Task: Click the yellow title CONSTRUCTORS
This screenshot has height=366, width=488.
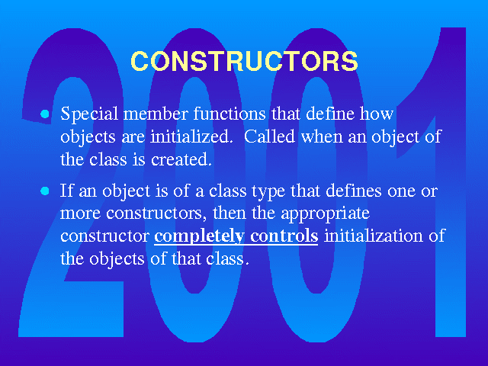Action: click(x=244, y=61)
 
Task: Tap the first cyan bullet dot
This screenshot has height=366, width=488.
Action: click(x=45, y=114)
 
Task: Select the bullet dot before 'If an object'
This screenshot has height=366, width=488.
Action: click(x=45, y=191)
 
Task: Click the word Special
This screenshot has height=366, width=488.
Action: click(x=89, y=114)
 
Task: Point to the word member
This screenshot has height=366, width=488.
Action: click(x=156, y=114)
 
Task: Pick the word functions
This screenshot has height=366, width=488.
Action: click(x=230, y=114)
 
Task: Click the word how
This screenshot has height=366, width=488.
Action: click(x=377, y=114)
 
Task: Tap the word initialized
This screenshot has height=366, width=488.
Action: click(x=191, y=136)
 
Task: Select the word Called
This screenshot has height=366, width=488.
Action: click(x=269, y=136)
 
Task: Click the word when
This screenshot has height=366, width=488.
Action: click(x=322, y=136)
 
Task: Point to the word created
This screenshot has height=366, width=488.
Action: click(x=181, y=159)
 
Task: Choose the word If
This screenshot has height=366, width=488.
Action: click(x=67, y=190)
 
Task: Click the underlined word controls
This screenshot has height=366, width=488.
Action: click(x=284, y=236)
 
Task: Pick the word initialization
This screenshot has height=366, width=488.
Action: click(x=374, y=236)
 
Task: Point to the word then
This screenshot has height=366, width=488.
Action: click(x=230, y=213)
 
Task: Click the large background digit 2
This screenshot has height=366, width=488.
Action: click(x=72, y=183)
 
